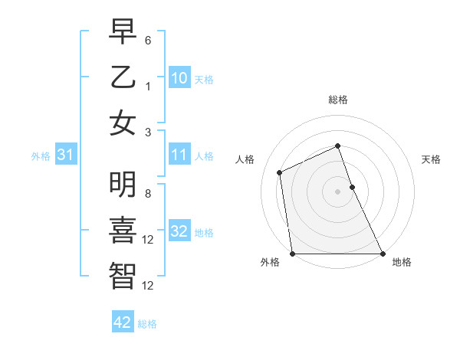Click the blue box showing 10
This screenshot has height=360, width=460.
pyautogui.click(x=179, y=78)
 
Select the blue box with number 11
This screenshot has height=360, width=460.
pyautogui.click(x=179, y=155)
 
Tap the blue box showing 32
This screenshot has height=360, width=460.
pyautogui.click(x=179, y=231)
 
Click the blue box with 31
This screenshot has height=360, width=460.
pyautogui.click(x=66, y=155)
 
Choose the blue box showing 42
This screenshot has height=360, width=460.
pyautogui.click(x=123, y=322)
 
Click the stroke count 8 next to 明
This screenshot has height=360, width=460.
pyautogui.click(x=149, y=193)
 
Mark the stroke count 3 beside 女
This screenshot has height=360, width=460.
pyautogui.click(x=149, y=132)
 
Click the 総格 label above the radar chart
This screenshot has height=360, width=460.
pyautogui.click(x=338, y=100)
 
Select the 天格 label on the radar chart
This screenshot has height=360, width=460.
pyautogui.click(x=431, y=159)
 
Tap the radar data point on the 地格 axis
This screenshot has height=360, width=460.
pyautogui.click(x=382, y=254)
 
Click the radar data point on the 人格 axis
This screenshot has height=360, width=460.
pyautogui.click(x=280, y=172)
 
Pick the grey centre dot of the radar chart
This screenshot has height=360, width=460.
pyautogui.click(x=338, y=191)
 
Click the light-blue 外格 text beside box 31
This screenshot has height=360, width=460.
pyautogui.click(x=41, y=156)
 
